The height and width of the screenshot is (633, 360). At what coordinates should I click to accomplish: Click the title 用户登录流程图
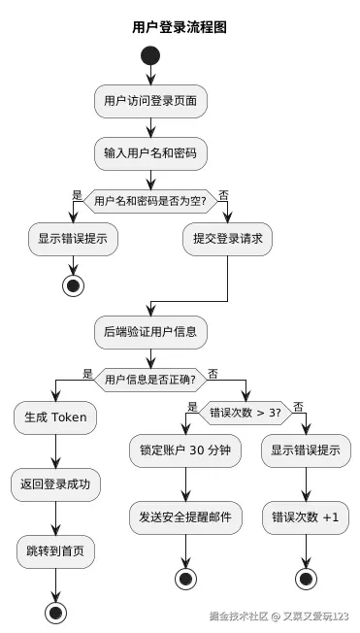[180, 28]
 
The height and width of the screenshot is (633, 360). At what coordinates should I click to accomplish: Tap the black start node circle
[150, 55]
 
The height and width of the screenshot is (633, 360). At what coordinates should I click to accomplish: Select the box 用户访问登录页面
[150, 100]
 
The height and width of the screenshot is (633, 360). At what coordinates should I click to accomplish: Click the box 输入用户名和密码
[150, 152]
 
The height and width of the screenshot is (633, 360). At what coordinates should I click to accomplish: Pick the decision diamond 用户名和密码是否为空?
[150, 201]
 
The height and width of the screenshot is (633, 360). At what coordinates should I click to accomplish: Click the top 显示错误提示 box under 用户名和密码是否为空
[73, 239]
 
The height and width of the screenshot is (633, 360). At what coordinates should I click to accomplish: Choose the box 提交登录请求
[228, 239]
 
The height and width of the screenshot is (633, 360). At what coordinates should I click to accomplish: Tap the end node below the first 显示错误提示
[73, 285]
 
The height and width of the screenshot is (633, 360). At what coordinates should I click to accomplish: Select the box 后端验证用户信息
[150, 331]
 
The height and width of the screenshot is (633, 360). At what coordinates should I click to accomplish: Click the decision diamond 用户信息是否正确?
[150, 379]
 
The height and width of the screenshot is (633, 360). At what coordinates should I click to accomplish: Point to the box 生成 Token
[56, 417]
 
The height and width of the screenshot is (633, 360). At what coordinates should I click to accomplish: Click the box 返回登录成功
[56, 483]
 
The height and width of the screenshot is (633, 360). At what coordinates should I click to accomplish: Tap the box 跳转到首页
[56, 550]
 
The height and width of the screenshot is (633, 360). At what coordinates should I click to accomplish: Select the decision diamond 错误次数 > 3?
[245, 412]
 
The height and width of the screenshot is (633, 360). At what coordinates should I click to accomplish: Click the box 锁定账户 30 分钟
[185, 451]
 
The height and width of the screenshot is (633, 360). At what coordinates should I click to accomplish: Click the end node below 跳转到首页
[56, 612]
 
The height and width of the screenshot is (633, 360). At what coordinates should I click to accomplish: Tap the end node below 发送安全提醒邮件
[185, 579]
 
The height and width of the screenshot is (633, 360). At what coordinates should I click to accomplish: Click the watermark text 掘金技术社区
[238, 616]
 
